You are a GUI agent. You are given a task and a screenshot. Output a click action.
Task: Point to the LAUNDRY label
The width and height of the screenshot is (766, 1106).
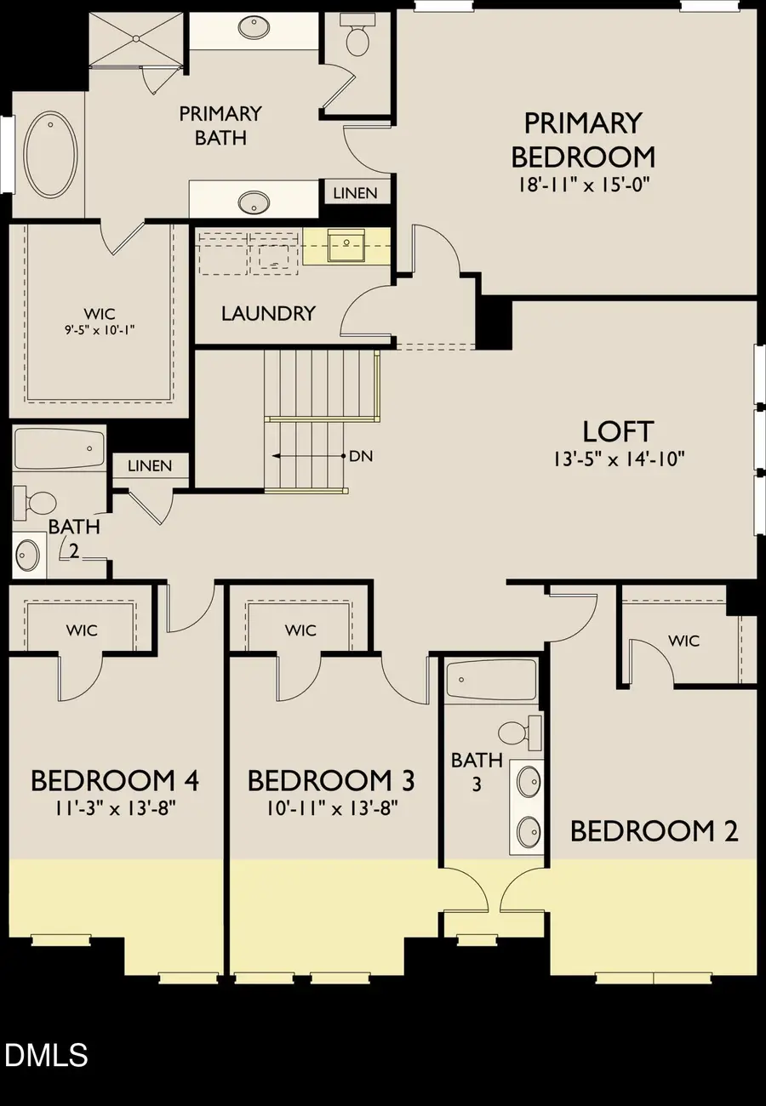point(268,313)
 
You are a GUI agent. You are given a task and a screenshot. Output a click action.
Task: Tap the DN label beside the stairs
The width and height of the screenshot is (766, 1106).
point(361,456)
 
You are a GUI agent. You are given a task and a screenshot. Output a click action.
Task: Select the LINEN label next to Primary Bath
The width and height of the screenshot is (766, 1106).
point(355,193)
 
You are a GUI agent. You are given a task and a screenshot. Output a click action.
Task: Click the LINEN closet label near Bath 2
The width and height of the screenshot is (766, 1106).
point(150,465)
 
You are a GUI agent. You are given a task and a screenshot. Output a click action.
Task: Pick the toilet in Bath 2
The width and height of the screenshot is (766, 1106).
point(38,502)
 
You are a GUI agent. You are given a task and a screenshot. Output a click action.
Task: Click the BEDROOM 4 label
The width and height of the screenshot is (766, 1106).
point(115,779)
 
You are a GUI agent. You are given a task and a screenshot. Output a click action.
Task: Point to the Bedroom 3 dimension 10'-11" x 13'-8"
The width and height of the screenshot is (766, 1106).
point(332,807)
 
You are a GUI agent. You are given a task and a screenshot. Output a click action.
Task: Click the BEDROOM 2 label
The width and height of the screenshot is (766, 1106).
point(654,830)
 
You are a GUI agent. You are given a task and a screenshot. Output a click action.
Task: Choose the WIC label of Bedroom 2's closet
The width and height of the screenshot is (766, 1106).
point(683,640)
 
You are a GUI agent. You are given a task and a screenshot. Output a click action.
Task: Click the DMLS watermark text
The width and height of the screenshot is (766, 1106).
point(46,1056)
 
